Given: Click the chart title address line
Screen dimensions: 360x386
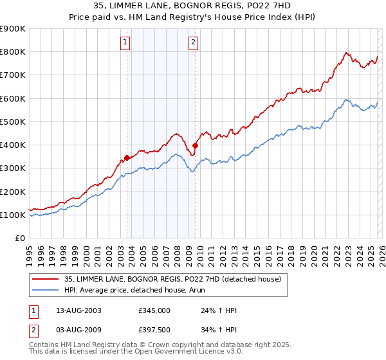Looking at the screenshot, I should (x=193, y=6).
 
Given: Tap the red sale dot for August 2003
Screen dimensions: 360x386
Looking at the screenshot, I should (x=127, y=157).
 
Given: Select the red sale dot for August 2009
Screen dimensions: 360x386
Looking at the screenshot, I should (x=195, y=145).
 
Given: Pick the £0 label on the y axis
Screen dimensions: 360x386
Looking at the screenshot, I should (x=19, y=238).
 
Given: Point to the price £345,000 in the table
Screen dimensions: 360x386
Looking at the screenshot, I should (x=154, y=310).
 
